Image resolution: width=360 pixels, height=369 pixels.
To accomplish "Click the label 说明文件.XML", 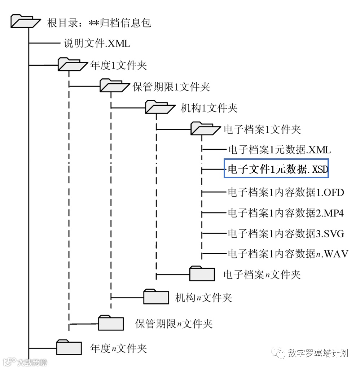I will click(97, 44).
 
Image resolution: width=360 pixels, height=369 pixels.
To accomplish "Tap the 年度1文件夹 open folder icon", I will click(73, 65).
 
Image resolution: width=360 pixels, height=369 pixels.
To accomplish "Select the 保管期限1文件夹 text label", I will click(171, 87).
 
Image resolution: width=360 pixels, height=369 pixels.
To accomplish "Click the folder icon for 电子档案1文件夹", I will click(205, 128).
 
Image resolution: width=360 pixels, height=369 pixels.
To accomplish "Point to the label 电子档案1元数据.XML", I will click(279, 150).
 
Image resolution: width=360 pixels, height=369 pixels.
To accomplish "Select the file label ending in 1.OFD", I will click(286, 192).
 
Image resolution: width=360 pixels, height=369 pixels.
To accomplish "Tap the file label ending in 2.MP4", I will click(285, 213).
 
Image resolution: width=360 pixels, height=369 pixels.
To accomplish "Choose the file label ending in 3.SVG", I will click(286, 233).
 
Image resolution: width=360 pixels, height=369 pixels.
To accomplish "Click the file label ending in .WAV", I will click(287, 254).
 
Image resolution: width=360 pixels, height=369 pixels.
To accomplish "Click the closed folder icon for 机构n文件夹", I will click(156, 296).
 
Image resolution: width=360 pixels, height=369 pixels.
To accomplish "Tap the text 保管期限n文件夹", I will click(174, 323).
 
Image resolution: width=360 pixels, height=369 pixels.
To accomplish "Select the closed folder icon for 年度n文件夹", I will click(69, 347).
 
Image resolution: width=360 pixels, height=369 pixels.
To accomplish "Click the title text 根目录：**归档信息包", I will click(99, 23).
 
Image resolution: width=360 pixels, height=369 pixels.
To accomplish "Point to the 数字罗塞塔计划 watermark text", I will click(317, 353).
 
